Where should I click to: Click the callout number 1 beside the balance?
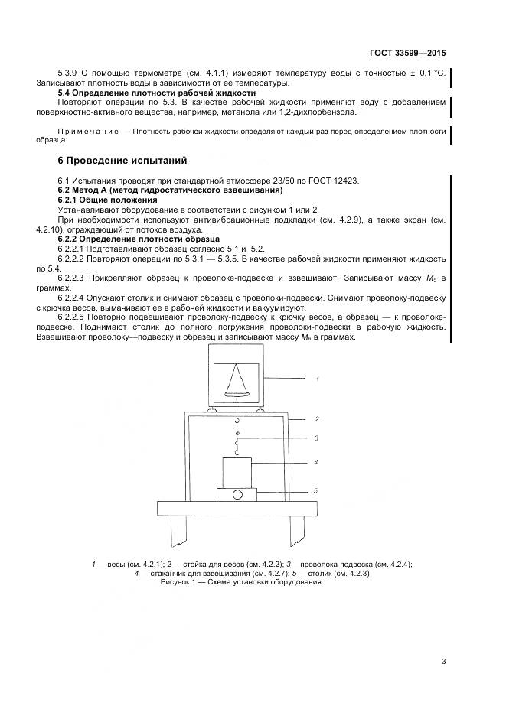[317, 378]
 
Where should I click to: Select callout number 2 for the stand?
[315, 420]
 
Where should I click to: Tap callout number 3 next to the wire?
[315, 438]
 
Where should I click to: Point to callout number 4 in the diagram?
[315, 462]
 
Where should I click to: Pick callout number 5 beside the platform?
[315, 491]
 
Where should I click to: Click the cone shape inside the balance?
[236, 380]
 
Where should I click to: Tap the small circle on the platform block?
[237, 495]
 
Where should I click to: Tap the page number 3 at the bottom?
[443, 662]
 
